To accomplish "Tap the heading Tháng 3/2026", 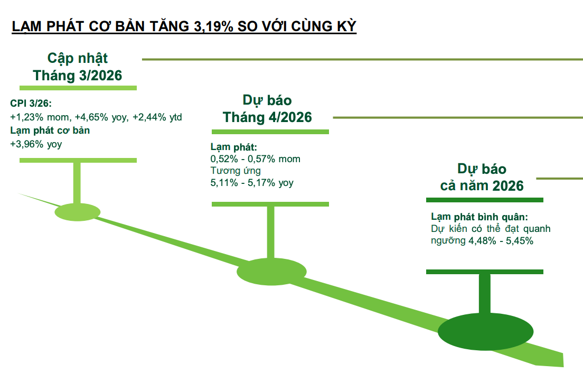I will click(x=78, y=76).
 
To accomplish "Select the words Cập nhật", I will click(x=78, y=58).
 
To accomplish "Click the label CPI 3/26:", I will click(x=31, y=104).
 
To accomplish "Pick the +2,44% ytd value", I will click(x=157, y=117).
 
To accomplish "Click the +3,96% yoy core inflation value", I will click(x=35, y=143).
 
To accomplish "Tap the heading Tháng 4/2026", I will click(x=267, y=117).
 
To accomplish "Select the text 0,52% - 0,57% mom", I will click(x=255, y=158).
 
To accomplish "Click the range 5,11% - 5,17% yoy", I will click(x=252, y=183).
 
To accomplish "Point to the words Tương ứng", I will click(x=236, y=171).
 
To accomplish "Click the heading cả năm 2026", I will click(x=482, y=186).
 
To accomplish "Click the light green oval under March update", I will click(x=78, y=212).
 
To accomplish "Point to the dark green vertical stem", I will click(x=484, y=294).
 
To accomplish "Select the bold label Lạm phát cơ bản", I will click(x=50, y=130).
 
